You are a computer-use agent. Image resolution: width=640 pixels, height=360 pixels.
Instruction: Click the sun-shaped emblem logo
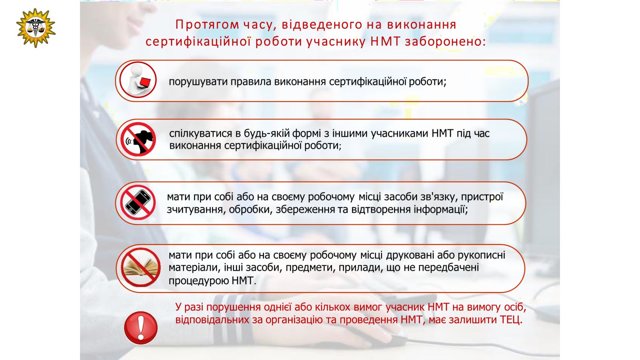tap(36, 28)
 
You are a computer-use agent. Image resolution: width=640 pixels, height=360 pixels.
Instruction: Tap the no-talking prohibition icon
tap(138, 139)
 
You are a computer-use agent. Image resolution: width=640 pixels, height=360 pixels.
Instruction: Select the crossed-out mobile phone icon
tap(138, 202)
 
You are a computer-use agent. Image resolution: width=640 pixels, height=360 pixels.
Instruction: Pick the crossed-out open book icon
tap(140, 268)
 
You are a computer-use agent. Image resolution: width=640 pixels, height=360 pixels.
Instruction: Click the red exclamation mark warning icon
tap(141, 328)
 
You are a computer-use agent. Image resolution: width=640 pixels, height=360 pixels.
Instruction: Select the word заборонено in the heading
tap(446, 42)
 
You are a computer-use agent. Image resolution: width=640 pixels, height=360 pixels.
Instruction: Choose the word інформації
tap(441, 210)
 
